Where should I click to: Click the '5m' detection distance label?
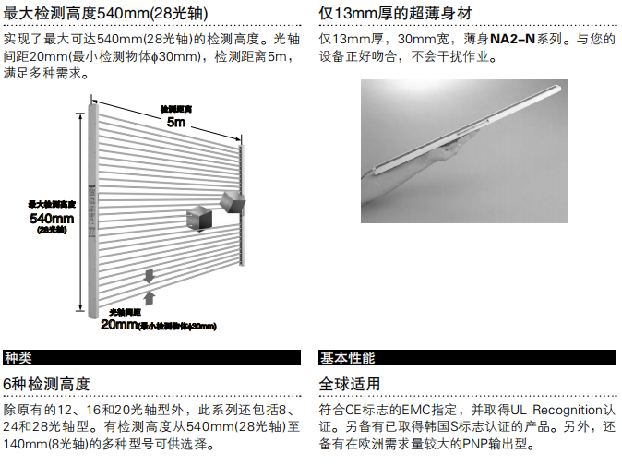[x=175, y=122]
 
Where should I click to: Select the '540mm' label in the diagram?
[x=52, y=218]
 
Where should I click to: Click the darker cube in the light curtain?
[x=198, y=218]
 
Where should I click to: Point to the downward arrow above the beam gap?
[x=147, y=276]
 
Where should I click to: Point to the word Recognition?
[x=561, y=408]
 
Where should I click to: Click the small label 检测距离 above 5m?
[x=175, y=108]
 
